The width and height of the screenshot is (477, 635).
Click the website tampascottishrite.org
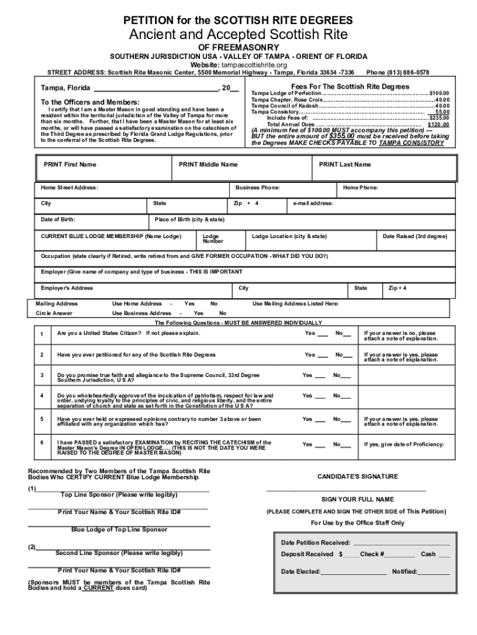(x=255, y=64)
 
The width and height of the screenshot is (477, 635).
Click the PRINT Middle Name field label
(x=208, y=164)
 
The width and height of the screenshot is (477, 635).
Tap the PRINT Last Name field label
(x=344, y=164)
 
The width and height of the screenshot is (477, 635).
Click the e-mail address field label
(x=313, y=203)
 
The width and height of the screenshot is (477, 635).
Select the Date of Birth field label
(x=58, y=220)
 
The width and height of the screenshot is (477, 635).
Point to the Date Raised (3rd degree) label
(x=414, y=236)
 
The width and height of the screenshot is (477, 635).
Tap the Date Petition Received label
(x=315, y=543)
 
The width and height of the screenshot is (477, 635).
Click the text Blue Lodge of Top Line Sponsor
(x=119, y=530)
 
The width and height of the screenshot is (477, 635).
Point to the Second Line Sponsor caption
(x=119, y=553)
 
